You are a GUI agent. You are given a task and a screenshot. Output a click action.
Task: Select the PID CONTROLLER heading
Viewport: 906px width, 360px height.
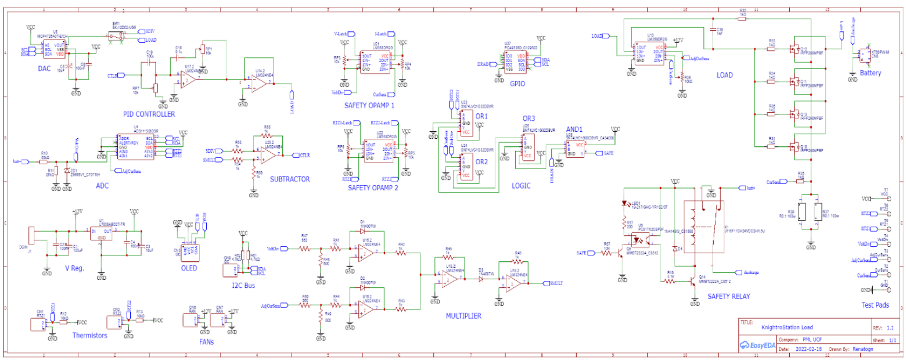point(149,114)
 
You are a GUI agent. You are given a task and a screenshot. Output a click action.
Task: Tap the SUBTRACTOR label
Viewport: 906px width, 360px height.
point(290,179)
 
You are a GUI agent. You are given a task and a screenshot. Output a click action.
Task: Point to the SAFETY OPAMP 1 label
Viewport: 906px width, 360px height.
point(369,106)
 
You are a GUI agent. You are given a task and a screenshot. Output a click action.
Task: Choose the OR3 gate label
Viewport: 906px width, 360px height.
point(529,118)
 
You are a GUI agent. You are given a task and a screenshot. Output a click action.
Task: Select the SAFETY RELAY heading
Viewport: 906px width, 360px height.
point(728,296)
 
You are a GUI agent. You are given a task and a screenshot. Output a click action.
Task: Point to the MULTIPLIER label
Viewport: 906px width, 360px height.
point(464,316)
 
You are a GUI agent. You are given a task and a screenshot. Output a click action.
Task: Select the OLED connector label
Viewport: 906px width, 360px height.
point(189,268)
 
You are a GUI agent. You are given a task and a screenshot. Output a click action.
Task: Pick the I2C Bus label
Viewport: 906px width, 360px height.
point(243,286)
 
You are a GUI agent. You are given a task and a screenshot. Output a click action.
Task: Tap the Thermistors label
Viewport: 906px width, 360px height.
point(89,336)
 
